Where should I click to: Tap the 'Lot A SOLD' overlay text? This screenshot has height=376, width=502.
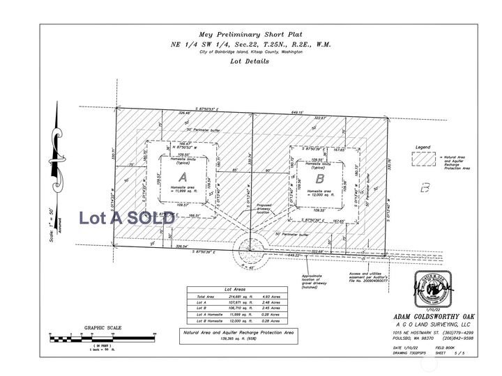(x=127, y=217)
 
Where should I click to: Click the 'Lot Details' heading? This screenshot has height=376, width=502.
(x=249, y=61)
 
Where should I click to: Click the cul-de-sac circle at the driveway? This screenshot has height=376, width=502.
(x=251, y=247)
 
